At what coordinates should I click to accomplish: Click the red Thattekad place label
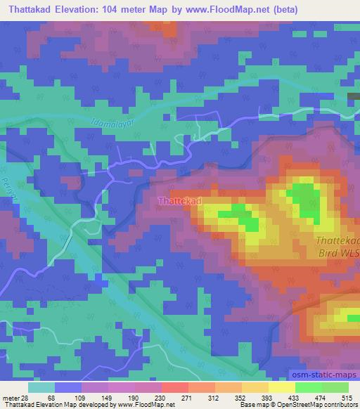pos(179,201)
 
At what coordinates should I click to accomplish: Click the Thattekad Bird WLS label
pos(334,247)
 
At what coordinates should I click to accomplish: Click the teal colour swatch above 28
pos(41,387)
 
